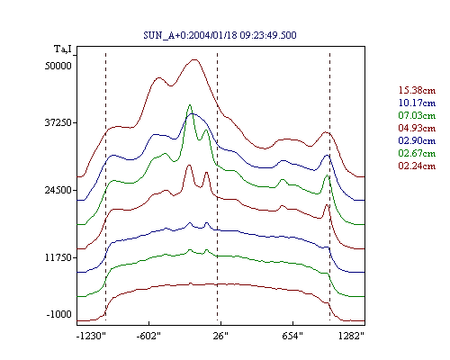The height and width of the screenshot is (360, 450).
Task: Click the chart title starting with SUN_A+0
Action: click(x=220, y=35)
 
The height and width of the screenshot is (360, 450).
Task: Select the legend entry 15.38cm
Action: click(x=417, y=90)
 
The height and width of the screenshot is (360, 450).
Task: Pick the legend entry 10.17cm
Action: click(x=417, y=103)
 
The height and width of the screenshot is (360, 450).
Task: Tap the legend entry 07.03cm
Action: click(x=417, y=115)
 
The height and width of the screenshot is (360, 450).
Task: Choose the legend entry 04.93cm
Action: click(x=417, y=128)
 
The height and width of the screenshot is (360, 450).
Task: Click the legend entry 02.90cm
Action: click(x=417, y=140)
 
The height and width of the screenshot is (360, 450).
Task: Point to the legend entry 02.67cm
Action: click(x=417, y=153)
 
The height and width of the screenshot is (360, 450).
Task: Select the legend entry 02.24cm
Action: click(x=417, y=166)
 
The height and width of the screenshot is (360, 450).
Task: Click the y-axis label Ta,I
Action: click(x=63, y=49)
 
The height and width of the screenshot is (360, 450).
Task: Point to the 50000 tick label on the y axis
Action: click(x=58, y=66)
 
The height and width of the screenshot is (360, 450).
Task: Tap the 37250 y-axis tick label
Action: click(x=58, y=123)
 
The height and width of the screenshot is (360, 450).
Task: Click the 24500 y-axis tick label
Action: click(x=58, y=190)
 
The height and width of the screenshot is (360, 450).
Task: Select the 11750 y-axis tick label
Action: click(x=58, y=257)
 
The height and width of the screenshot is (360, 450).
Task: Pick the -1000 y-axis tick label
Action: click(x=59, y=314)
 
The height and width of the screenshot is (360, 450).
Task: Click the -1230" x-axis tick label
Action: click(x=91, y=336)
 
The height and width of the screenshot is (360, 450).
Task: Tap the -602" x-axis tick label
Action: click(x=148, y=336)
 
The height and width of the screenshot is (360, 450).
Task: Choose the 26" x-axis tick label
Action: click(x=220, y=336)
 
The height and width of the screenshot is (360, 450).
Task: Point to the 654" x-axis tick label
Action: click(x=292, y=336)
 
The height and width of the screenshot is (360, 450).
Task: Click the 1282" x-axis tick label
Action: click(x=351, y=336)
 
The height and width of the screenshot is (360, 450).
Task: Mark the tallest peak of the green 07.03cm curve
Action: click(x=190, y=105)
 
